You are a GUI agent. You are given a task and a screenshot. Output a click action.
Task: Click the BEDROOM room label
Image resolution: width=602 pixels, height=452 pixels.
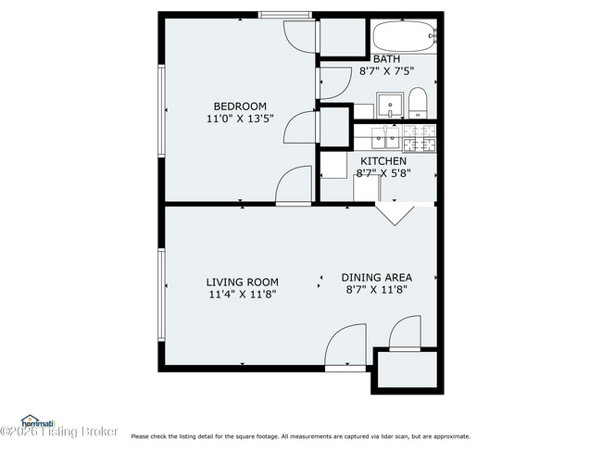240,106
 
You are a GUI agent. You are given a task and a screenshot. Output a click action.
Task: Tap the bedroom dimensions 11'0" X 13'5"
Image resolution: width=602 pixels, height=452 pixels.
240,119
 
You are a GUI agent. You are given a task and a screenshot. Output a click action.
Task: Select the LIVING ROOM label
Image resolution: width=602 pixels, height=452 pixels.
242,282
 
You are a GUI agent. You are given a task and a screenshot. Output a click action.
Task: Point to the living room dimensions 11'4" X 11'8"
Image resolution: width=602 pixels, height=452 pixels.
242,294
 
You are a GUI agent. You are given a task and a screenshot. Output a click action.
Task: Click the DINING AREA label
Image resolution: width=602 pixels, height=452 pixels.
376,277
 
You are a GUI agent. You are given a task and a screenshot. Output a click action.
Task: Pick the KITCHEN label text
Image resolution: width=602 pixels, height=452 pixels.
383,160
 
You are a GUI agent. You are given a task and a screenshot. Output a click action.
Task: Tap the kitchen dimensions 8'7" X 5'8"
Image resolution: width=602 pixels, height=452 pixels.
383,172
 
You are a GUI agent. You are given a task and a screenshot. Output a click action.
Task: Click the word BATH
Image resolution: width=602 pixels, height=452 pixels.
386,58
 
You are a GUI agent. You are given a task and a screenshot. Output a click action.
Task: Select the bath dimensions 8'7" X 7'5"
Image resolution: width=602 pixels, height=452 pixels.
386,70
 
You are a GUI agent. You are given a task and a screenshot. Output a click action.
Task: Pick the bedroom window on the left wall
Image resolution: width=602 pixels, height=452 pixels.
162,109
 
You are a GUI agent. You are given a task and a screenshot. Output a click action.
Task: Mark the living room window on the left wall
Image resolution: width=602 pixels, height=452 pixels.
162,294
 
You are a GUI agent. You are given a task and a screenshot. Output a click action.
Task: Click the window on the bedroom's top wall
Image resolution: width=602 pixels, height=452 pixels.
284,15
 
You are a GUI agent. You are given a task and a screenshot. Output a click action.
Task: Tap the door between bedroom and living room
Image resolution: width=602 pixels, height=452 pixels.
295,188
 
